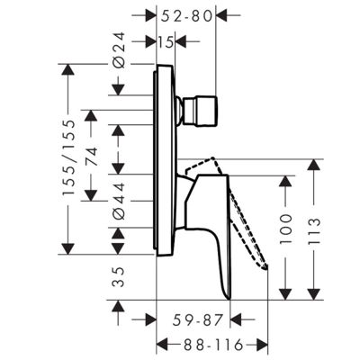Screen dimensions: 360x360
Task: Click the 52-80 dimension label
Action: point(186,16)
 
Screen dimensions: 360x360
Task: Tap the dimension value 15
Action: point(166,42)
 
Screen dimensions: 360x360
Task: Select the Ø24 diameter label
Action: point(119,49)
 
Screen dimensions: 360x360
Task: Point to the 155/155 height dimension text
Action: point(68,157)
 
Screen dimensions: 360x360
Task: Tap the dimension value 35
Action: point(119,277)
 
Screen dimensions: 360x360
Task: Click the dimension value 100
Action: point(285,229)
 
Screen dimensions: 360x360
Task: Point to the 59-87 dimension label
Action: point(198,320)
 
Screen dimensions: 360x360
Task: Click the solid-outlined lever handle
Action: point(208,228)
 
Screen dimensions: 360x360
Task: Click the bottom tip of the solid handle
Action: point(229,299)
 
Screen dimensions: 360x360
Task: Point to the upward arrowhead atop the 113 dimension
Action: point(314,165)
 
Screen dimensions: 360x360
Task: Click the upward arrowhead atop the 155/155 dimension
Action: point(68,70)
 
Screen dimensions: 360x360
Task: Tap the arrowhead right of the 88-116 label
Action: point(262,345)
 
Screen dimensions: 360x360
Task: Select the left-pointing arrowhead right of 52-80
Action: point(222,15)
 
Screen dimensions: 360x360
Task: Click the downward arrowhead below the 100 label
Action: point(285,294)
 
